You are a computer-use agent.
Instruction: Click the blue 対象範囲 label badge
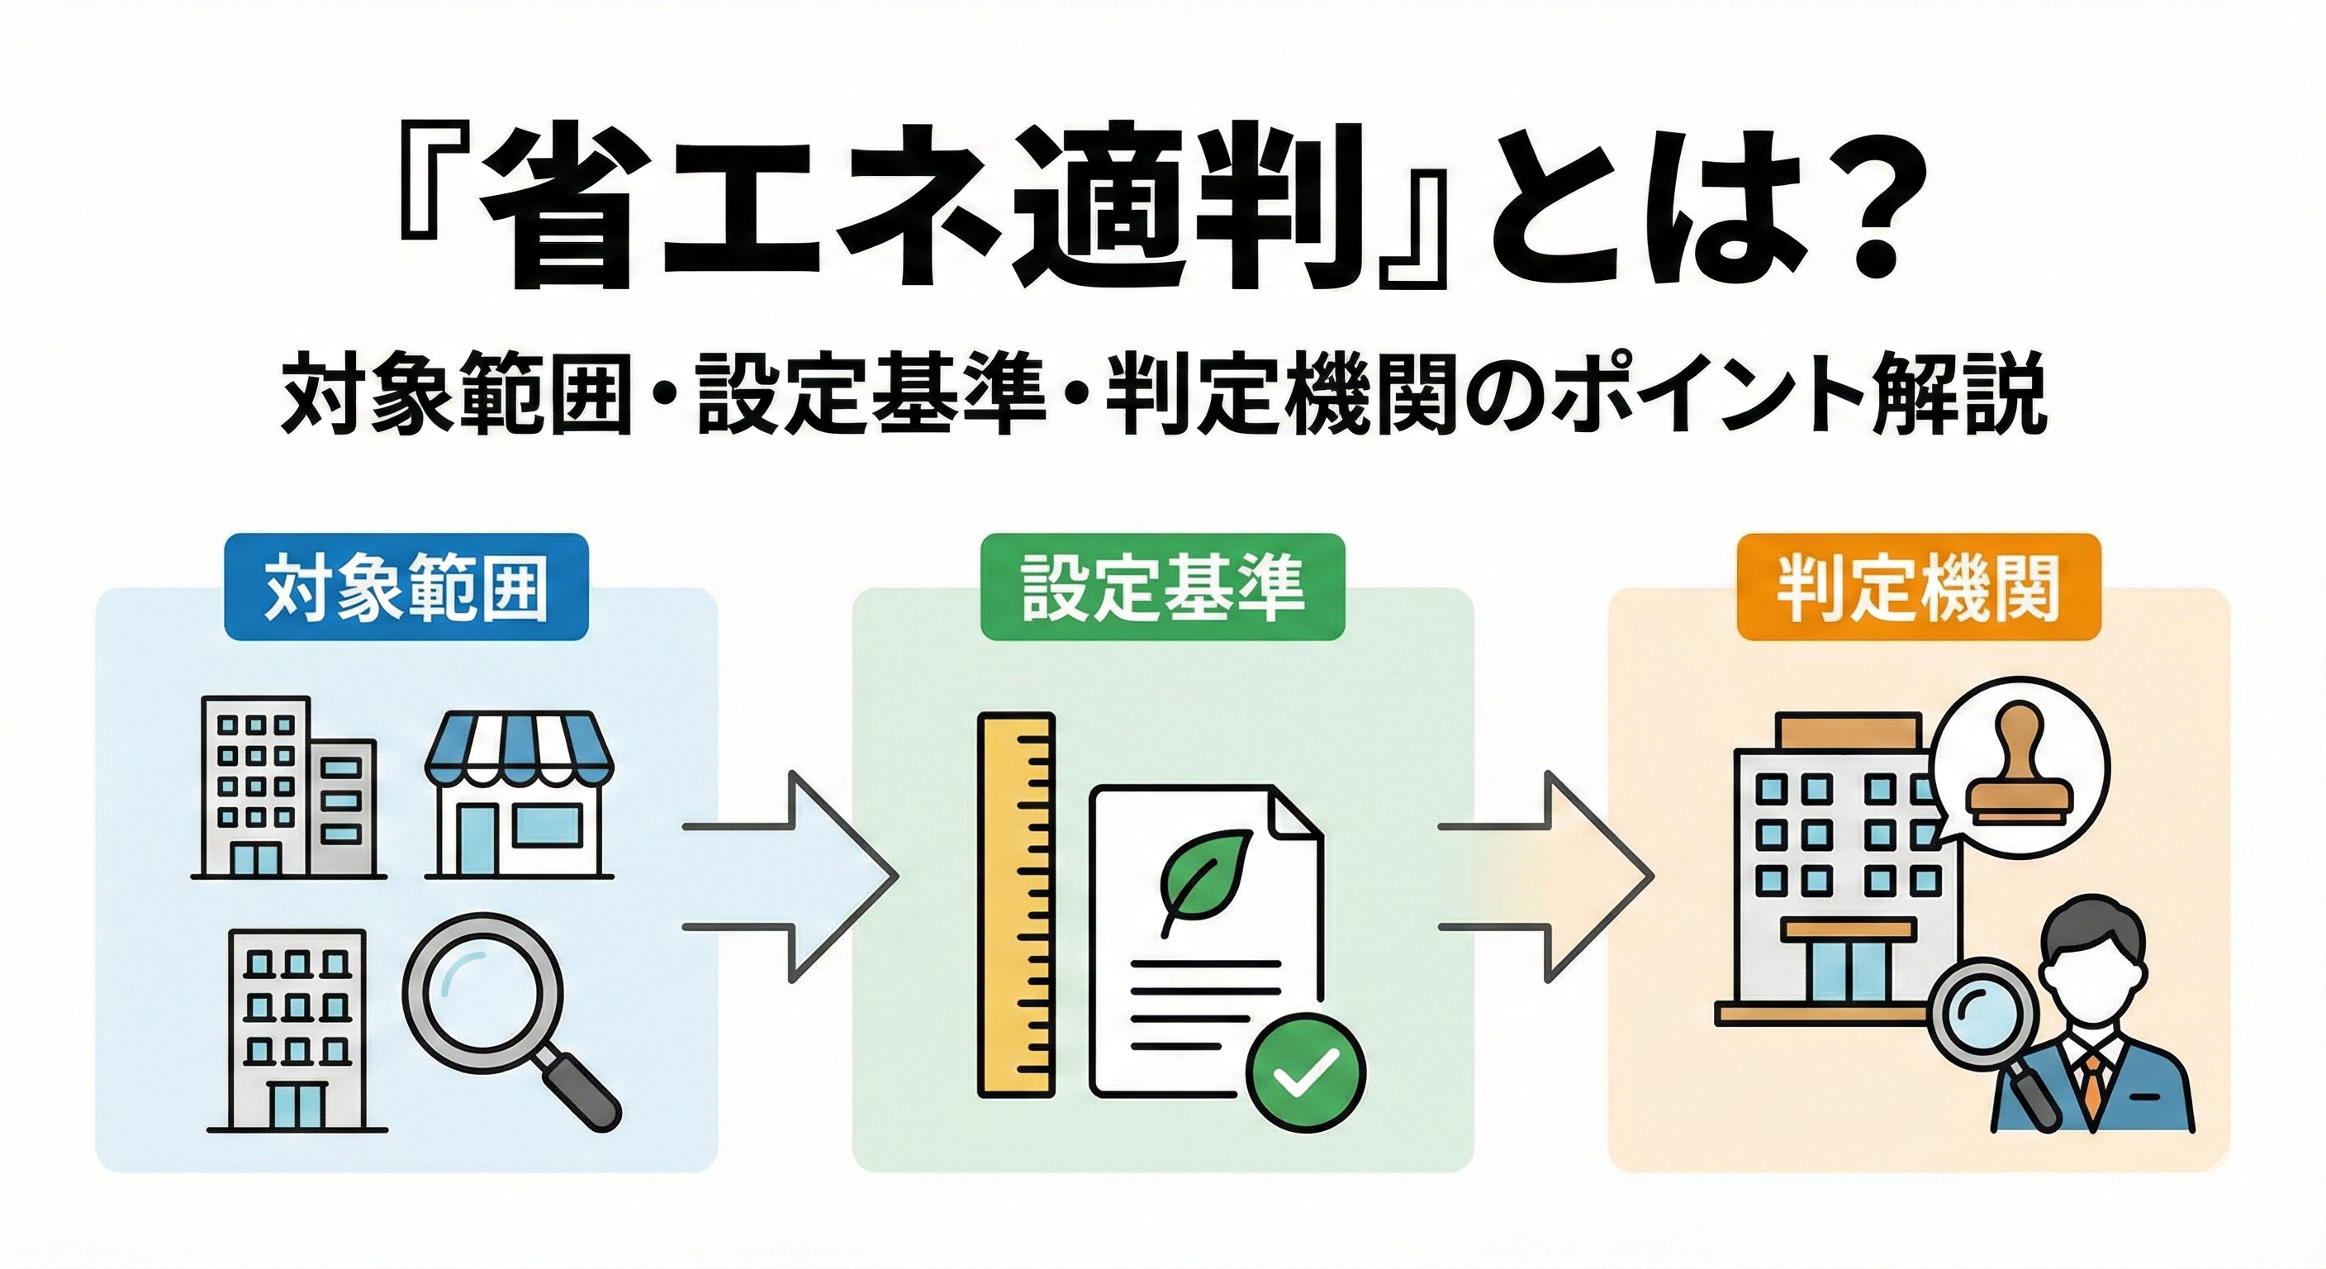(x=406, y=588)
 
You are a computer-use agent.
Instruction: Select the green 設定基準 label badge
(x=1162, y=588)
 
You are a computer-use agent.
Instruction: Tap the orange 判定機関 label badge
(x=1918, y=588)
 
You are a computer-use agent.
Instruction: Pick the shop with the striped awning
(x=520, y=795)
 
